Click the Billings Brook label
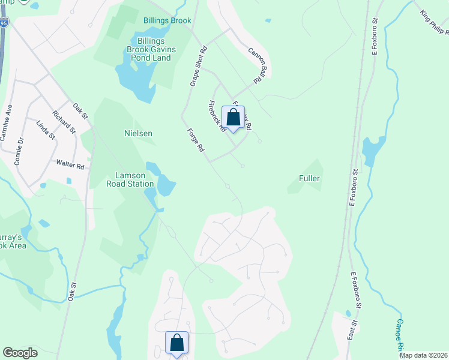click(x=167, y=20)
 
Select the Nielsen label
click(x=138, y=133)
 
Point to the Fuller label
click(x=309, y=178)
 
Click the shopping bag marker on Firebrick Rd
click(x=233, y=118)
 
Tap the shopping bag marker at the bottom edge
click(x=177, y=343)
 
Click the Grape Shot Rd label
click(x=198, y=67)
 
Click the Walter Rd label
click(x=70, y=163)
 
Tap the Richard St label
click(x=64, y=121)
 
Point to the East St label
click(x=352, y=331)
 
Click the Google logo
click(x=20, y=353)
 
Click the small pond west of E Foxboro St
click(x=373, y=150)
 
